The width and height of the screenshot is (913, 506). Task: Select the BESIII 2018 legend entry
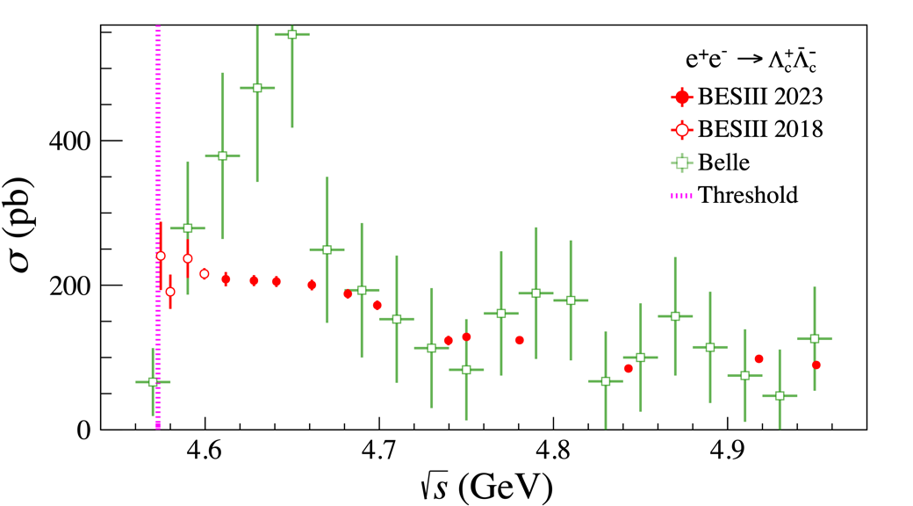(747, 129)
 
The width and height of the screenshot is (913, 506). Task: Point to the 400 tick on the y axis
(74, 141)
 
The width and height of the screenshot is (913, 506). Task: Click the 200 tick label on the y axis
(74, 286)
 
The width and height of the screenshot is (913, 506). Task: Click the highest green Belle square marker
(292, 34)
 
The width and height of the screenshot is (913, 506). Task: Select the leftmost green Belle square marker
(153, 382)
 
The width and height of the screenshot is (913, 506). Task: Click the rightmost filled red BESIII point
(816, 365)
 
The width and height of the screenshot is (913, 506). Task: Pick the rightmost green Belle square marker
(815, 339)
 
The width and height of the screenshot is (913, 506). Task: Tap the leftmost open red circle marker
(161, 257)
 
